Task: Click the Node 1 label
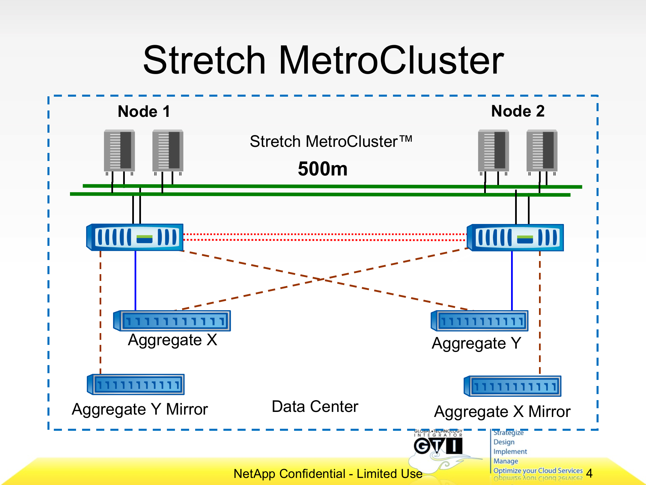[144, 111]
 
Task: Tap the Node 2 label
[517, 111]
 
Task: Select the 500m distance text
[322, 169]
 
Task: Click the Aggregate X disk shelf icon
[172, 321]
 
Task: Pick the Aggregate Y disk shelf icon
[480, 321]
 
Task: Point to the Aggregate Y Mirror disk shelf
[136, 384]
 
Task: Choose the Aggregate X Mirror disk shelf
[513, 386]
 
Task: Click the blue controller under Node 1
[135, 237]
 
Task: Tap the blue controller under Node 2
[515, 237]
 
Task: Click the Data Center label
[315, 407]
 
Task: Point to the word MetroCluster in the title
[391, 61]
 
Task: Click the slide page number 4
[589, 473]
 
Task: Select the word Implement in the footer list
[510, 451]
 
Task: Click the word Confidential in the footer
[312, 474]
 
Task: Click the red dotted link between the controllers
[325, 237]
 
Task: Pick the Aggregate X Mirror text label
[502, 412]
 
